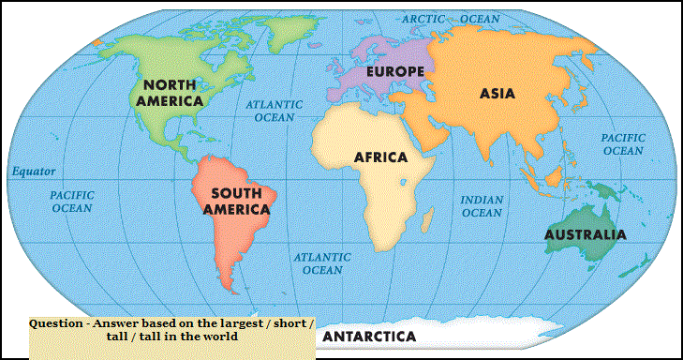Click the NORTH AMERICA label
tap(170, 91)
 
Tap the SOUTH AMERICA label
tap(236, 201)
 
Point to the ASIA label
tap(497, 93)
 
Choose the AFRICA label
tap(380, 157)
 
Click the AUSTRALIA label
tap(585, 234)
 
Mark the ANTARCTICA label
tap(369, 336)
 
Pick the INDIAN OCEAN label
tap(483, 206)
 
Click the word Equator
tap(33, 172)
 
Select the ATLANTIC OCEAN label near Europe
tap(275, 112)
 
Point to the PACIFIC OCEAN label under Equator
tap(71, 201)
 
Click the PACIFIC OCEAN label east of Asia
tap(623, 143)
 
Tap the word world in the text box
tap(220, 337)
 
